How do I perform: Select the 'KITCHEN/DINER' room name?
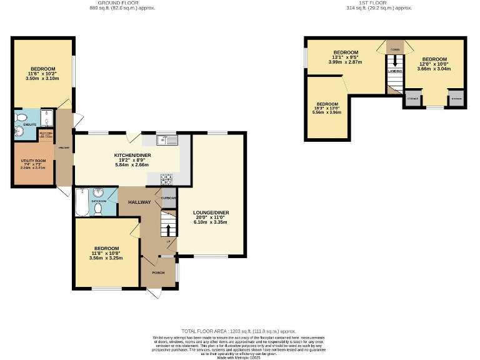coord(131,155)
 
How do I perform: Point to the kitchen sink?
coord(167,140)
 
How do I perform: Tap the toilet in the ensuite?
coord(21,117)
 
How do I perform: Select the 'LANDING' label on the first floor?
coord(394,71)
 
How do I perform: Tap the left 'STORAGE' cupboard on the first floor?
coord(412,99)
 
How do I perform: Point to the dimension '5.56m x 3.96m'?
coord(327,113)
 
